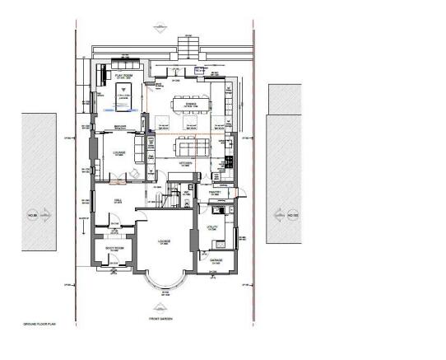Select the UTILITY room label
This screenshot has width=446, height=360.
211,225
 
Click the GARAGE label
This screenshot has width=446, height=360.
216,259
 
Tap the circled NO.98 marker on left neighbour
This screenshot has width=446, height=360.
35,217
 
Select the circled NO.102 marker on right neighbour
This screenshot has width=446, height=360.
291,217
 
